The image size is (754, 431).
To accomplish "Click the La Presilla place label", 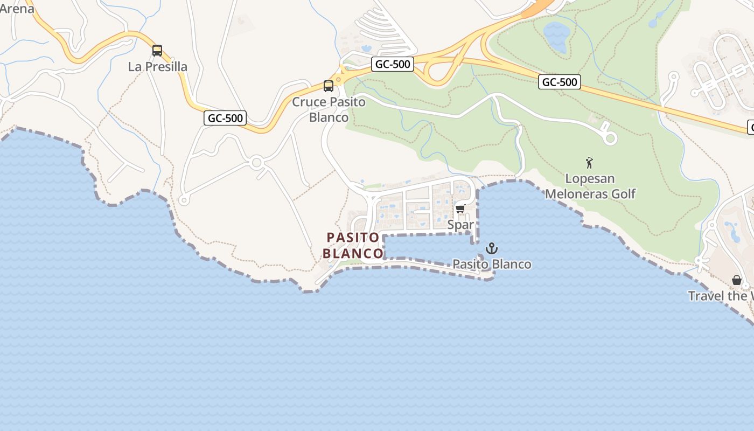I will pos(158,67).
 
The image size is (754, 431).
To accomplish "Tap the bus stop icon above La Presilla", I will pos(157,51).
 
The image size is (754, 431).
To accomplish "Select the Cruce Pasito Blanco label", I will pos(329,109).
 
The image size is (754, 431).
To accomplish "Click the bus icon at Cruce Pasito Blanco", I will pos(329,86).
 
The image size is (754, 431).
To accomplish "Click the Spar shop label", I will pos(460,225).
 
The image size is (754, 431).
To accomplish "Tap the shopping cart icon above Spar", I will pos(460,209).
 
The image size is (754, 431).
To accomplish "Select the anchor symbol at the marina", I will pos(491,249).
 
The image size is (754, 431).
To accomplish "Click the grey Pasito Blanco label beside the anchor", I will pos(492,264).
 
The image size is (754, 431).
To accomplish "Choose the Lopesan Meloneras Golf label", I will pos(590,186).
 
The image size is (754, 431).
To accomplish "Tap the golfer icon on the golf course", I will pos(590,163).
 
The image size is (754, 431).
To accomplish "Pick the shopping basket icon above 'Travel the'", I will pos(737,280).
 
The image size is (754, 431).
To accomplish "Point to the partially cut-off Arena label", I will pos(16,8).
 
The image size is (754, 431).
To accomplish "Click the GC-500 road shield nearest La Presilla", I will pos(225,118).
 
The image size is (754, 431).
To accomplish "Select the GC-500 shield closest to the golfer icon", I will pos(560,82).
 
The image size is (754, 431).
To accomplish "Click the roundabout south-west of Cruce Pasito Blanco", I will pos(256,162).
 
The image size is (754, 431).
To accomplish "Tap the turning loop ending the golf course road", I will pos(610,138).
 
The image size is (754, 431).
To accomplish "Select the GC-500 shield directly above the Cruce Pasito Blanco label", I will pos(393,65).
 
